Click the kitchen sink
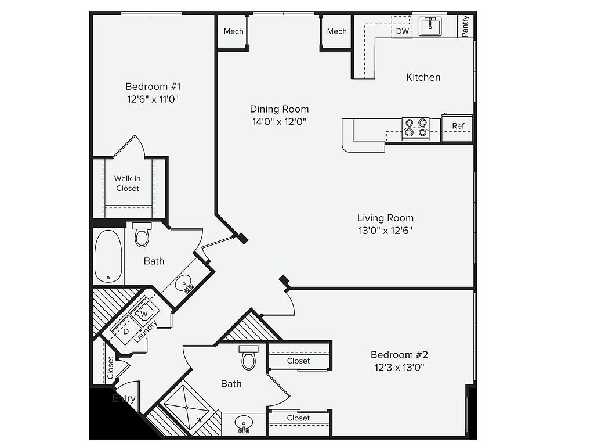(430, 26)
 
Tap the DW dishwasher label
(403, 31)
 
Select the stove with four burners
(415, 128)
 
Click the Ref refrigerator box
(457, 127)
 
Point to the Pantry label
(465, 26)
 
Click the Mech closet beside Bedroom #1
(233, 31)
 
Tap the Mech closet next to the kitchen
(337, 31)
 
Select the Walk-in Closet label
(127, 183)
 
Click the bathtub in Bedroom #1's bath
(108, 256)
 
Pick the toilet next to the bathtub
(142, 235)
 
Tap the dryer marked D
(126, 331)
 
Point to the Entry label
(124, 398)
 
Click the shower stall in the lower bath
(186, 408)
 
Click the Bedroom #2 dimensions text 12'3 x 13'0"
(399, 367)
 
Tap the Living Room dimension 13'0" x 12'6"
(385, 230)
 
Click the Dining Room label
(279, 109)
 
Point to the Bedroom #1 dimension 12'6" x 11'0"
(153, 99)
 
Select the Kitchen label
(423, 77)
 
